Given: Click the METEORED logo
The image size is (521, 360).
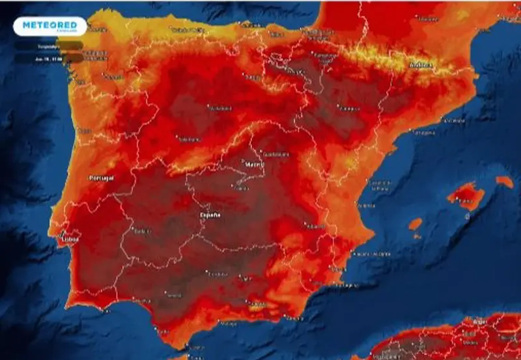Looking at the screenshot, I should click(49, 26).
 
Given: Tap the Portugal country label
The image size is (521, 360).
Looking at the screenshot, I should click(101, 178).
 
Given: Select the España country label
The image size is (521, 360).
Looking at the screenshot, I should click(210, 215).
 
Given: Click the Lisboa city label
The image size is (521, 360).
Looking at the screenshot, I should click(69, 239).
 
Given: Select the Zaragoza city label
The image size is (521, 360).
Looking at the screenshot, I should click(349, 108).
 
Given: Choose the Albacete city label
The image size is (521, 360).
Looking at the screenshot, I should click(317, 227).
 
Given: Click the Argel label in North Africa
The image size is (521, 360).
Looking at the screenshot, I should click(479, 322).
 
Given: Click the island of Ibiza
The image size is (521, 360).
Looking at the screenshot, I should click(415, 225).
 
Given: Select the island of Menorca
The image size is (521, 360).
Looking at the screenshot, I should click(504, 182).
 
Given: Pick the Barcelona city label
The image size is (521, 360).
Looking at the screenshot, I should click(453, 120).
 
